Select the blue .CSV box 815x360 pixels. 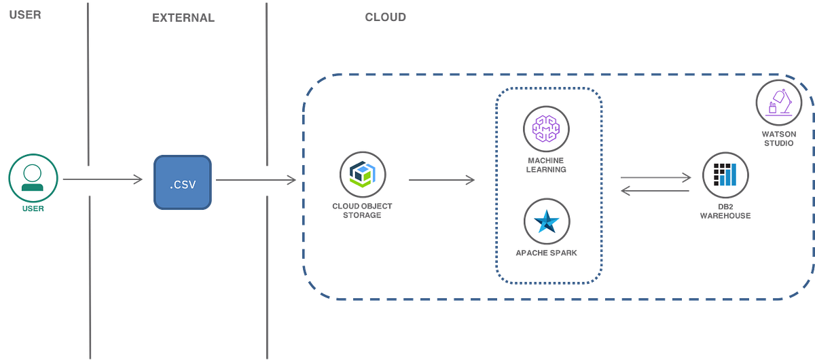click(183, 181)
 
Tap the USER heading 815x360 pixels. click(25, 15)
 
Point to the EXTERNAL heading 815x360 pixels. click(183, 18)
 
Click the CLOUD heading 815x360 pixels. click(385, 17)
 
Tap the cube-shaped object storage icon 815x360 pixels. click(362, 175)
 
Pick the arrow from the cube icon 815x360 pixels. click(441, 180)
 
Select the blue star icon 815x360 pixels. click(547, 222)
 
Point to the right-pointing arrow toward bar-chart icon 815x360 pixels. click(655, 177)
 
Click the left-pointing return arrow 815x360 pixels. click(655, 192)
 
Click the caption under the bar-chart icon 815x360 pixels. click(725, 211)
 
